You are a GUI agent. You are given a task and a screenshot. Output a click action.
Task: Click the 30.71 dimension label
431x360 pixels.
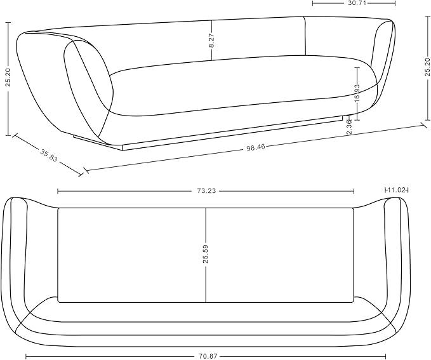354,3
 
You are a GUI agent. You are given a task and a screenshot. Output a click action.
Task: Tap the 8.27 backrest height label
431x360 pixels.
211,41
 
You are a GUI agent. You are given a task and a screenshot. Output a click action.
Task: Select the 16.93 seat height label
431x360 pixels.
357,93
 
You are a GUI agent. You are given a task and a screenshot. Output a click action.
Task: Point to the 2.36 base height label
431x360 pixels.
349,126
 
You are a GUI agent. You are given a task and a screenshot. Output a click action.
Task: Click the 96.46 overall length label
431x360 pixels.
256,147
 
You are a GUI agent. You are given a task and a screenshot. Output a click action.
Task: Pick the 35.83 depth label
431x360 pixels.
49,156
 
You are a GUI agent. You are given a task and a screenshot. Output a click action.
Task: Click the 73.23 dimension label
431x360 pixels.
206,191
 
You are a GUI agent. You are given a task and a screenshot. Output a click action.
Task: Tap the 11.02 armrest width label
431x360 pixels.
396,190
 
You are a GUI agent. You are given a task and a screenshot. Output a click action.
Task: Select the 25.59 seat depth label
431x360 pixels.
206,254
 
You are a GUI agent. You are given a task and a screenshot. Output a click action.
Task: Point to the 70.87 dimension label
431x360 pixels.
208,356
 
